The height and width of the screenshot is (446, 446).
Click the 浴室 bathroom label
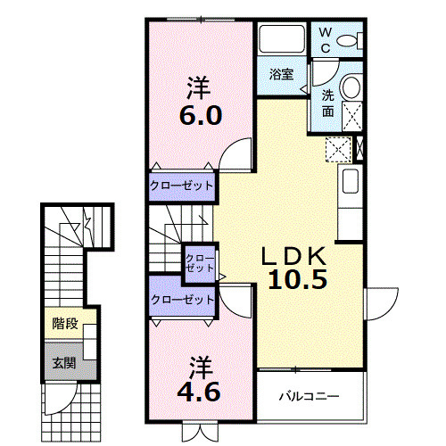(282, 74)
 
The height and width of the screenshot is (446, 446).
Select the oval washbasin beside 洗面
(351, 87)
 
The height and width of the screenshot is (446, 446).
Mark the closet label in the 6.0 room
(182, 186)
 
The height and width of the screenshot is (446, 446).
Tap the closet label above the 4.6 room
(182, 301)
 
